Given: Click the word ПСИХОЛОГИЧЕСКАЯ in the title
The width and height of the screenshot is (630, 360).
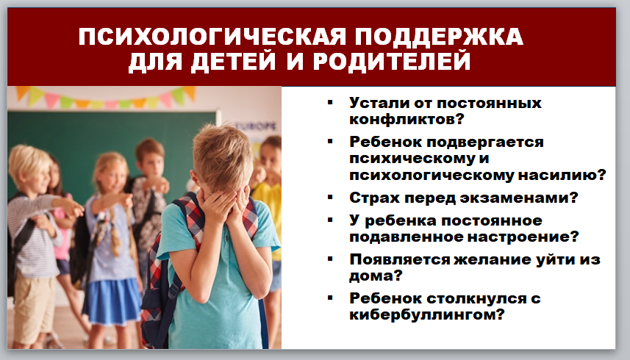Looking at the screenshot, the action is point(212,37).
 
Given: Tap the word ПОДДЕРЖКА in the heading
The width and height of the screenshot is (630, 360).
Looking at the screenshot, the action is point(439,37).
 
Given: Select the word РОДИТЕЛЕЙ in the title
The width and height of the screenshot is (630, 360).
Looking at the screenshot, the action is point(391,62).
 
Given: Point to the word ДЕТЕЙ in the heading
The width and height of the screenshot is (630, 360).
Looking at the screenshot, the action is point(234,62).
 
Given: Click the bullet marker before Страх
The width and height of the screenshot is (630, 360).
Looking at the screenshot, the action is point(330,197).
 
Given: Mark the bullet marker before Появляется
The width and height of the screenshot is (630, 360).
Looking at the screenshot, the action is point(330,259).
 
